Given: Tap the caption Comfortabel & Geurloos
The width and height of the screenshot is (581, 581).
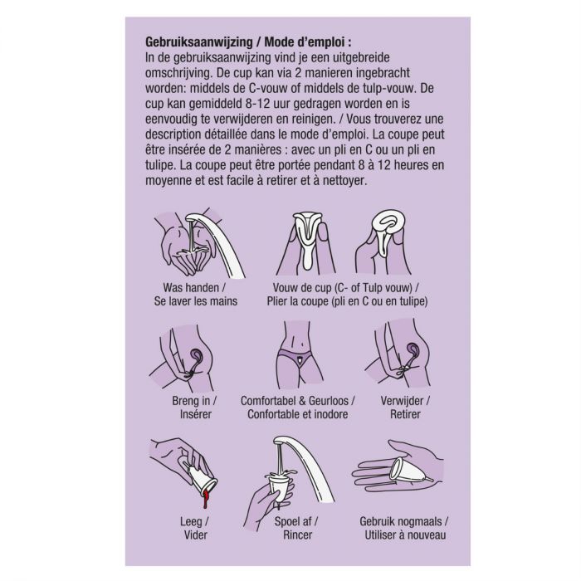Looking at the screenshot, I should pos(295,400).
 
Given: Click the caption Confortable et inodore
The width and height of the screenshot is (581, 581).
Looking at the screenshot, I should pos(295,413).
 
